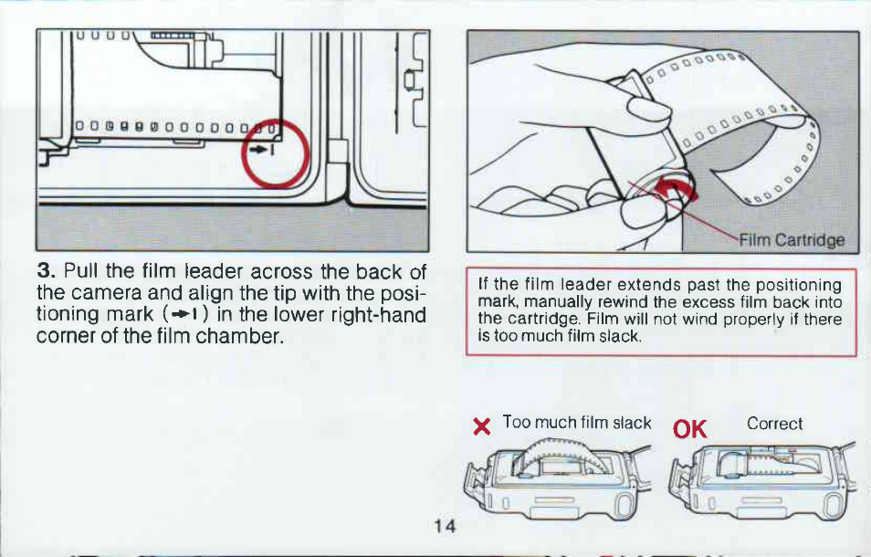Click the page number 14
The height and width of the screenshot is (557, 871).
tap(445, 526)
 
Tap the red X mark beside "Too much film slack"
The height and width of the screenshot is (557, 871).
tap(481, 426)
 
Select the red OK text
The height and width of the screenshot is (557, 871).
tap(689, 429)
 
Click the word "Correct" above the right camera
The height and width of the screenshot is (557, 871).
tap(774, 424)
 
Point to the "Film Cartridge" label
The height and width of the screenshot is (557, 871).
tap(792, 240)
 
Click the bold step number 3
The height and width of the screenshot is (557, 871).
tap(46, 271)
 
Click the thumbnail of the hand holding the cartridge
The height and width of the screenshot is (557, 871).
tap(663, 142)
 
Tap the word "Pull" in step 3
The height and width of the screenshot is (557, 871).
tap(81, 271)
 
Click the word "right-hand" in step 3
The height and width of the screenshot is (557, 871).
tap(378, 315)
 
